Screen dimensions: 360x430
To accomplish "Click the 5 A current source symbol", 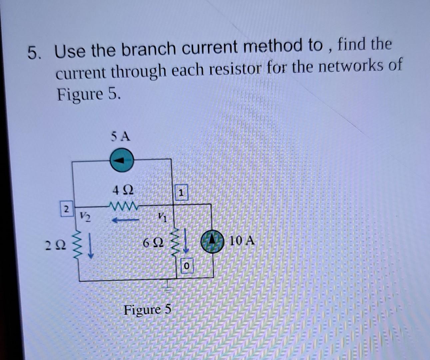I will pyautogui.click(x=122, y=160).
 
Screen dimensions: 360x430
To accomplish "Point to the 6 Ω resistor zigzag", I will pyautogui.click(x=176, y=242).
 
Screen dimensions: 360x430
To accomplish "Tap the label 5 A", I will pyautogui.click(x=121, y=136).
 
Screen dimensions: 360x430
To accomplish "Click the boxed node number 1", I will pyautogui.click(x=181, y=193).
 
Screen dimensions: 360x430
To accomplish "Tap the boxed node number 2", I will pyautogui.click(x=66, y=209).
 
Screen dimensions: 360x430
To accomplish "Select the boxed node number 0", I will pyautogui.click(x=187, y=266).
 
